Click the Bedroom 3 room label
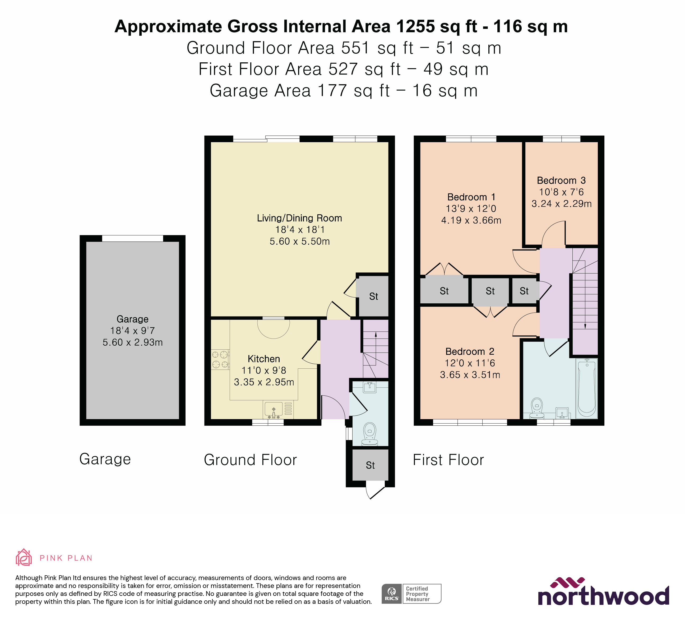tap(561, 180)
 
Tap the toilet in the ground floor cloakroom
tap(370, 433)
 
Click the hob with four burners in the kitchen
tap(220, 360)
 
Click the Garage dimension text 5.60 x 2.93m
tap(132, 342)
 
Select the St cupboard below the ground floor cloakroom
tap(370, 465)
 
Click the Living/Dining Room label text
tap(299, 218)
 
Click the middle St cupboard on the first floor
tap(490, 291)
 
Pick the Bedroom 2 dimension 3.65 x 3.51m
tap(470, 375)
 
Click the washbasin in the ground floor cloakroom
tap(369, 387)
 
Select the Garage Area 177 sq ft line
tap(343, 91)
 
